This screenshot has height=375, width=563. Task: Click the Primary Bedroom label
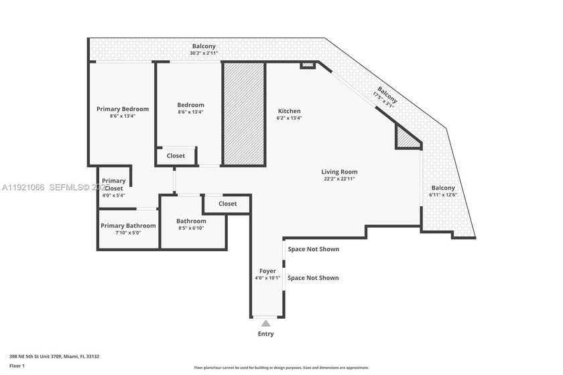123,109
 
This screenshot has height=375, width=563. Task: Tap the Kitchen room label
289,111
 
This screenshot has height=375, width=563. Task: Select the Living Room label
339,172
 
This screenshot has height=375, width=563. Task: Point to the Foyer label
267,271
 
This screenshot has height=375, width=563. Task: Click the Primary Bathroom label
128,226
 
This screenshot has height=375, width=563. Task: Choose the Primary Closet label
113,185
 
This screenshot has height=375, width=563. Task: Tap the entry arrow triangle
266,324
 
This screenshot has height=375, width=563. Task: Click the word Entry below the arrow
266,334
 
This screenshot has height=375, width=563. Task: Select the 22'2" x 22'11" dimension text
339,179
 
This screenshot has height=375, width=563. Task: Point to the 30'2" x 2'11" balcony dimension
204,54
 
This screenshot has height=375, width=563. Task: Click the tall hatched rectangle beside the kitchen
244,114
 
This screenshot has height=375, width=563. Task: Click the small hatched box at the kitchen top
308,66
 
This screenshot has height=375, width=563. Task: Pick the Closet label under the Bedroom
176,156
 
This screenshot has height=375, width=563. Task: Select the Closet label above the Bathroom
227,204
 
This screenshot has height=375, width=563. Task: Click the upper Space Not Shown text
313,249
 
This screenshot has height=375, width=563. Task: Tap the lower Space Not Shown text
313,278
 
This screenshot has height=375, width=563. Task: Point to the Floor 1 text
17,366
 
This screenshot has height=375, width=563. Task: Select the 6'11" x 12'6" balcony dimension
443,195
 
